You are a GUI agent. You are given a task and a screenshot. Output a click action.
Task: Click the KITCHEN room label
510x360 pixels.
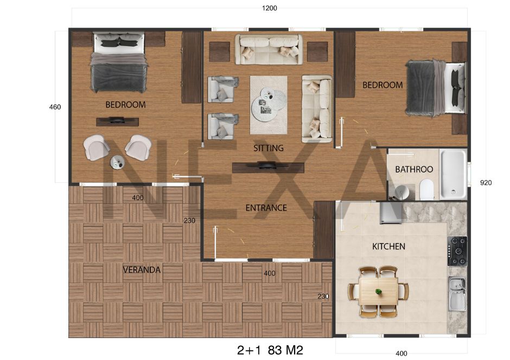coord(388,246)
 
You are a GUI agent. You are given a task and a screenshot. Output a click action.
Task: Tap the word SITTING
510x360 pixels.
coord(269,148)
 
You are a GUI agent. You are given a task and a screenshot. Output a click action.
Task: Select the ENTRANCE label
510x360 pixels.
coord(266,208)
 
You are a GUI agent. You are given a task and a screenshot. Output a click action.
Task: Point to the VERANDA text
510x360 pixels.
coord(142,269)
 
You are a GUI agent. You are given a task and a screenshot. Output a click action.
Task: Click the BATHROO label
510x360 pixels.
coord(414,169)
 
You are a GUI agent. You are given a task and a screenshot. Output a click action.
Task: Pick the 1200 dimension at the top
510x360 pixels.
coord(269,8)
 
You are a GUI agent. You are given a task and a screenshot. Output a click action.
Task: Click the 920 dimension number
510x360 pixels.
coord(486,183)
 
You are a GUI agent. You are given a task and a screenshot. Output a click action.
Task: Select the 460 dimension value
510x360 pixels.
coord(55,107)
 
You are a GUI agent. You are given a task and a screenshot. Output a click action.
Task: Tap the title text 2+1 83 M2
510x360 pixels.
coord(270,350)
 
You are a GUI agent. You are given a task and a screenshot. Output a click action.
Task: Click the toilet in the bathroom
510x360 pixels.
coord(427,190)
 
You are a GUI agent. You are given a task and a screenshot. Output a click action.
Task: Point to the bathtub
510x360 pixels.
coord(453,174)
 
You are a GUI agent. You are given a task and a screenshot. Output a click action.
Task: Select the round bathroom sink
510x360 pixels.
coord(403,192)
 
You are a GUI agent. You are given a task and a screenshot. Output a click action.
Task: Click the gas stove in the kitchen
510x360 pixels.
coord(457,251)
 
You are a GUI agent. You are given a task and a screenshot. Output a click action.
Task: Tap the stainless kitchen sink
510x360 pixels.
coord(457,294)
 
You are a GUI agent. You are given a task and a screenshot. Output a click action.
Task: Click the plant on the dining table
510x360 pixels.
coord(378,292)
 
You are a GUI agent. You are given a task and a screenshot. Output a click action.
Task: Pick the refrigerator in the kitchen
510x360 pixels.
coord(390,213)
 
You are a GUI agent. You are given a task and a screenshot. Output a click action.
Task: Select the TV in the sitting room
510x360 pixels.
coord(269,166)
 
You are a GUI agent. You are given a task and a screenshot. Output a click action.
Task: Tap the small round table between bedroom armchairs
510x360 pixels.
coord(117,162)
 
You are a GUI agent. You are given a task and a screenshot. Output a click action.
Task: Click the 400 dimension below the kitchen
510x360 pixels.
coord(401,353)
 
